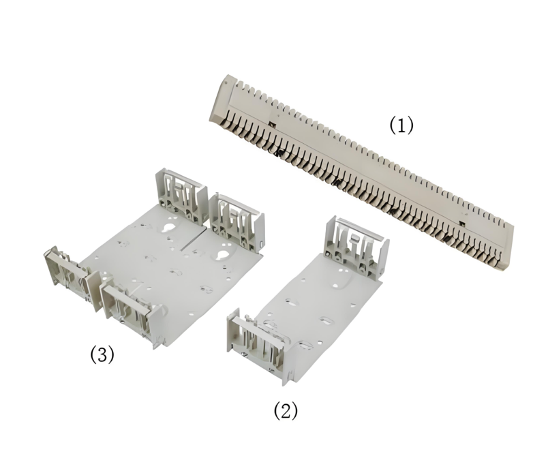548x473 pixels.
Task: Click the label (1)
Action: click(x=401, y=125)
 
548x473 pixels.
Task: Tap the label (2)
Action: click(x=286, y=410)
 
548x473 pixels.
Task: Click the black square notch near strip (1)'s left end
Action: click(x=271, y=124)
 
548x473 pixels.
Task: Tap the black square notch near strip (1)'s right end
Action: click(x=461, y=223)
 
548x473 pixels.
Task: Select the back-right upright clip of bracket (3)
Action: click(x=237, y=222)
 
